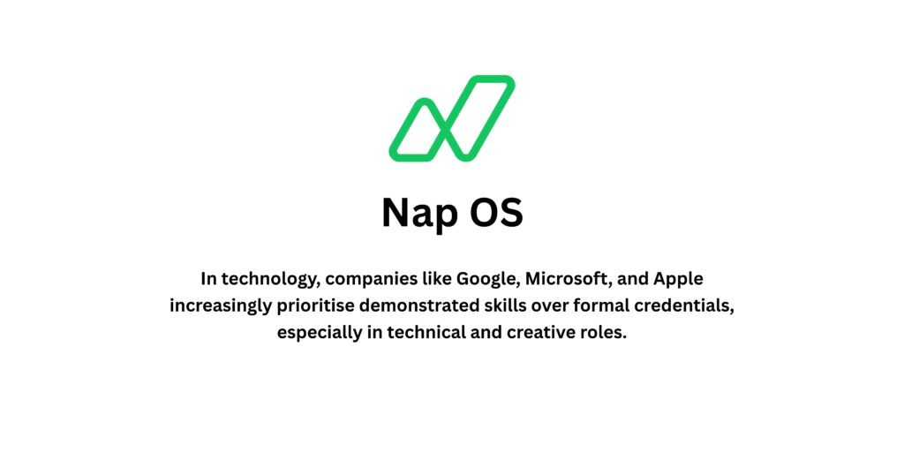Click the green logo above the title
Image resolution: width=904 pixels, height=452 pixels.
451,119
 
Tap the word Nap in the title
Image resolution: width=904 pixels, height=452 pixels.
417,213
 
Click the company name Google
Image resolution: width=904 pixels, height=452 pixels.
486,280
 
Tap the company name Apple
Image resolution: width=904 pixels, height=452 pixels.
677,280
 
